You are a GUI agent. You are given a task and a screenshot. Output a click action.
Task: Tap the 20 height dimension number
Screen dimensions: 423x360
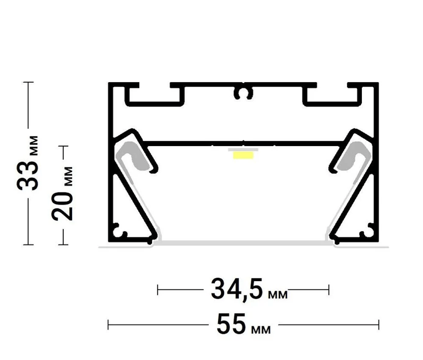click(x=62, y=206)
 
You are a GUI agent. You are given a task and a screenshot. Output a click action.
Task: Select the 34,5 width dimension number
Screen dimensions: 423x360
click(x=236, y=289)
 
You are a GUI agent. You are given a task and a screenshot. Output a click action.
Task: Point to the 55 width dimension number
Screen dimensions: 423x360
click(x=231, y=324)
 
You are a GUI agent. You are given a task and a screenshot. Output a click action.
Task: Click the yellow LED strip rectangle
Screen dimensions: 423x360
click(x=243, y=156)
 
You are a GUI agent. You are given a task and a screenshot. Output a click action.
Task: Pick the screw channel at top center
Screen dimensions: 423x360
click(x=244, y=93)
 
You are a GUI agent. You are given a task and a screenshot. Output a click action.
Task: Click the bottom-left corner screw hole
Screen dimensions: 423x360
click(x=119, y=231)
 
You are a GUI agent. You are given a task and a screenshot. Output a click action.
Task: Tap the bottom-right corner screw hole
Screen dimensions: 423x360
click(x=367, y=231)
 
